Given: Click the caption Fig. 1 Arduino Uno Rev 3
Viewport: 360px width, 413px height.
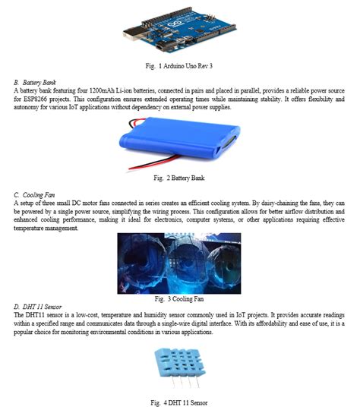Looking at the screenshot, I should [181, 67].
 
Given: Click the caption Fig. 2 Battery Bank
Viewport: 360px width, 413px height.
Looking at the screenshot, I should [180, 178].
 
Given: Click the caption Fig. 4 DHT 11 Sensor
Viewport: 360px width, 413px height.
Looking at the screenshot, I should [180, 403].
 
